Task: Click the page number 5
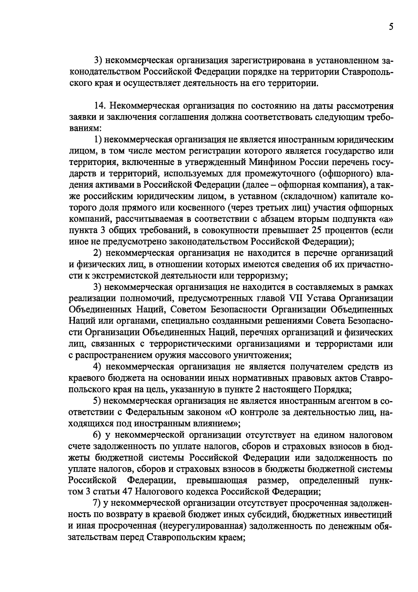(x=391, y=27)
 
